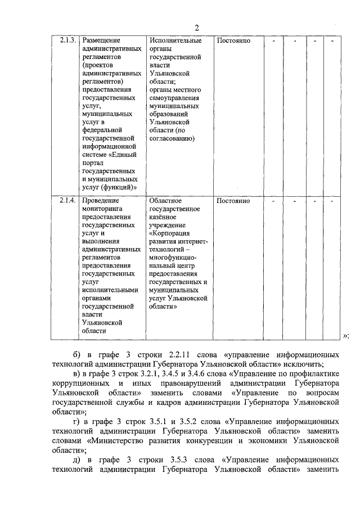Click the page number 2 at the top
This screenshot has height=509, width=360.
197,28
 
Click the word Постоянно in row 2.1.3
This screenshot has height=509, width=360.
233,41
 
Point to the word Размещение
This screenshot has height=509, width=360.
102,41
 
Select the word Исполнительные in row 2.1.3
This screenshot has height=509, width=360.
175,41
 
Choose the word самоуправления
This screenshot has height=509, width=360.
175,97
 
